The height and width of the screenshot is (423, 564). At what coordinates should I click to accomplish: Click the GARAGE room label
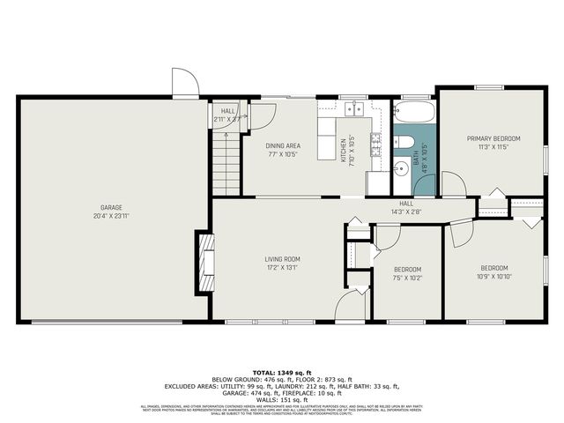[x=110, y=208]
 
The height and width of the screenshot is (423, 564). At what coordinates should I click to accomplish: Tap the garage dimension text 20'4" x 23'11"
[x=110, y=216]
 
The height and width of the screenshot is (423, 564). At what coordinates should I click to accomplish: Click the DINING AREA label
[x=283, y=145]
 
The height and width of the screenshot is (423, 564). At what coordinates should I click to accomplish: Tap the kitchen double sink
[x=355, y=109]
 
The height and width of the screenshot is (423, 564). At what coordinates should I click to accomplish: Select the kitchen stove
[x=376, y=143]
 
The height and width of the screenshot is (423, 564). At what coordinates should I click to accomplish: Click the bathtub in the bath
[x=413, y=113]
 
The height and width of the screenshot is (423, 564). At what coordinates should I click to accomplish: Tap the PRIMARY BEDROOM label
[x=493, y=138]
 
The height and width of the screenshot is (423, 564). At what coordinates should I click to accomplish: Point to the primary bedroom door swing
[x=453, y=184]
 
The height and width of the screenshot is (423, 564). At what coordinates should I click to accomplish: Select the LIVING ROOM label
[x=284, y=259]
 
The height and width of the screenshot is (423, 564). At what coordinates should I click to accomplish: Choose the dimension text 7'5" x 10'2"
[x=407, y=278]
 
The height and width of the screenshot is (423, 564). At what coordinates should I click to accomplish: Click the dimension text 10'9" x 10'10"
[x=493, y=276]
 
